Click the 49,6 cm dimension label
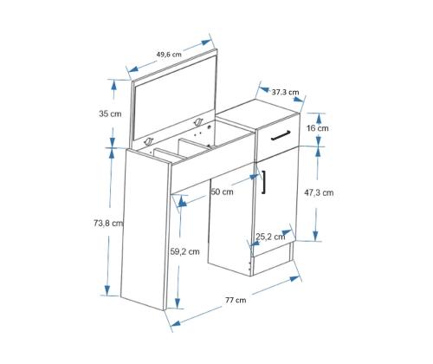[169, 54]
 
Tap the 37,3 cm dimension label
[285, 92]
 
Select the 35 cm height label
[110, 114]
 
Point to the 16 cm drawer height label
[318, 128]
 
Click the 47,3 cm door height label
[319, 192]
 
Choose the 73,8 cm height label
[108, 223]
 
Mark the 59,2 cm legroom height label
[184, 251]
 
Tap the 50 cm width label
[222, 192]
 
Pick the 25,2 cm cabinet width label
[270, 237]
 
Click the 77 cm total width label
[236, 300]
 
